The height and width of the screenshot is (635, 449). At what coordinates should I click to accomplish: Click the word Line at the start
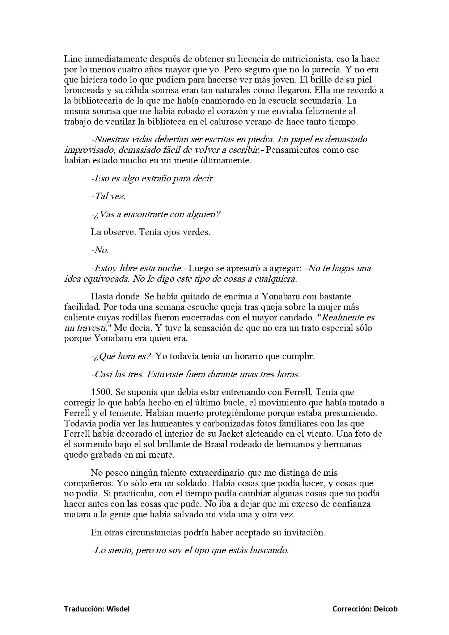72,59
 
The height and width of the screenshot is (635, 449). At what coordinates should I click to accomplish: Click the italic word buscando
269,551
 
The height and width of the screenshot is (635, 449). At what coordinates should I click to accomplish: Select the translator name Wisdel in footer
118,609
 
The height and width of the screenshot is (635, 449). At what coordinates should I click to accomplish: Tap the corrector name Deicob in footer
386,609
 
